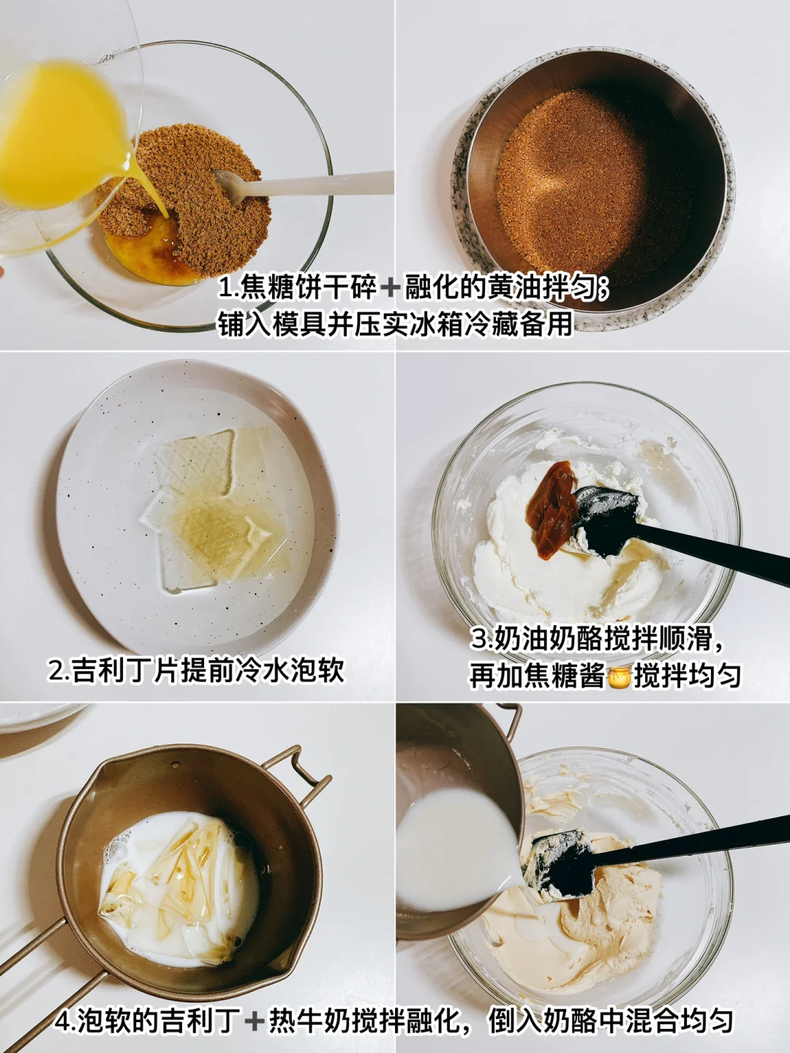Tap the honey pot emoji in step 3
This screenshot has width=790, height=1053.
621,676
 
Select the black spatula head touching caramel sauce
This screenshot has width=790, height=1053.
604,521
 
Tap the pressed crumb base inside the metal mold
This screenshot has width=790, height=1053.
595,187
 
